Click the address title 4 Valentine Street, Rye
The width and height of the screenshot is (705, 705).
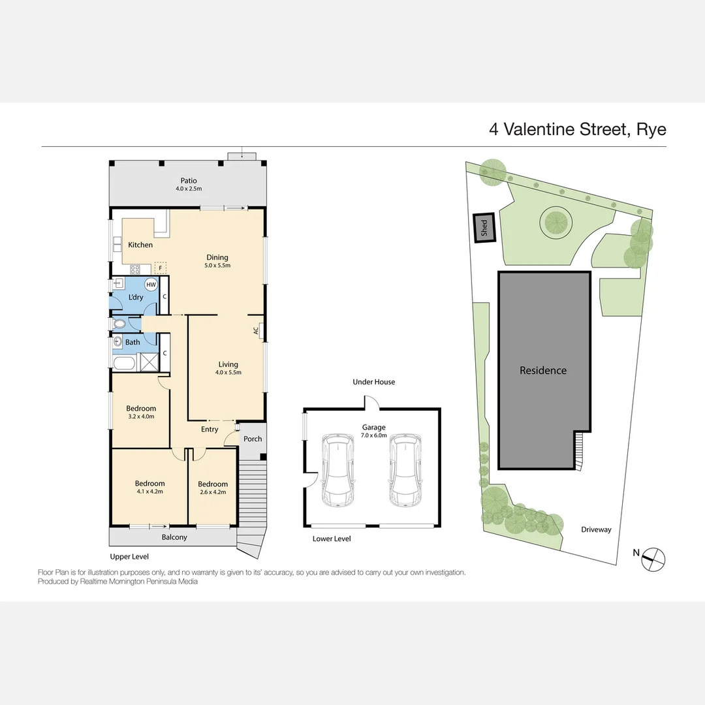(x=577, y=129)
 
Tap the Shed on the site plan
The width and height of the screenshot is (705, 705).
(x=484, y=228)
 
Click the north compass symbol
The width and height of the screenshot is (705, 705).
(x=653, y=557)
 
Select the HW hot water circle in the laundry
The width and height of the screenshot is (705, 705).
(x=151, y=285)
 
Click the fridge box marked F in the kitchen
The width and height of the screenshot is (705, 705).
(x=161, y=268)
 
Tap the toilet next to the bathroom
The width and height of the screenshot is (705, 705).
(x=120, y=324)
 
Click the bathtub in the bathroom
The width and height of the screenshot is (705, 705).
(x=124, y=363)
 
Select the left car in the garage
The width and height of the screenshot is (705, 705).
(x=337, y=471)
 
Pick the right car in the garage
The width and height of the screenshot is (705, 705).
(x=405, y=471)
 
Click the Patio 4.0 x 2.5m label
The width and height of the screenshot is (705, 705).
(x=188, y=185)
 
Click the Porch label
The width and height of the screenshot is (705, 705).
(x=253, y=439)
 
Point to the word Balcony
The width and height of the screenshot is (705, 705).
(x=174, y=537)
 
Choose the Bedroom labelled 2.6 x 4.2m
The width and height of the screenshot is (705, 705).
(x=212, y=488)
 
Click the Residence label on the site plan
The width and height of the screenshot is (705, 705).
(x=543, y=370)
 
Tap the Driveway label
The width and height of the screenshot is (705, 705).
(x=596, y=529)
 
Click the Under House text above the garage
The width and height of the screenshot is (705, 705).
(x=373, y=382)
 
